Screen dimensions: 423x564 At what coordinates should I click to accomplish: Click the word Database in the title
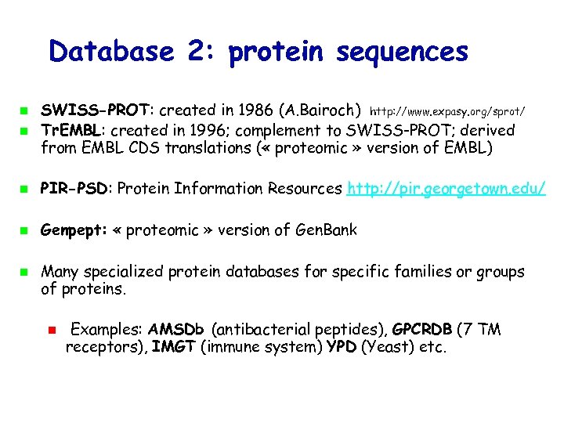(x=110, y=52)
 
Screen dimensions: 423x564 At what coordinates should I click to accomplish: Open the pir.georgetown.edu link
(x=446, y=189)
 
